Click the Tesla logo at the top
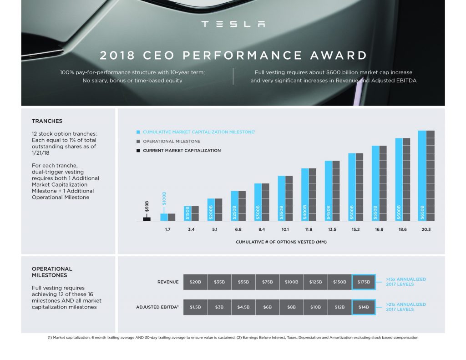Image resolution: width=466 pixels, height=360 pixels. point(233,24)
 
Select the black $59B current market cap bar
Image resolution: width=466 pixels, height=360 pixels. point(147,218)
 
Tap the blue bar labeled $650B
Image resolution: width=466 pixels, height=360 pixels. point(422,176)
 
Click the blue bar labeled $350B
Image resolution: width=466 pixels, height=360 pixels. point(281,198)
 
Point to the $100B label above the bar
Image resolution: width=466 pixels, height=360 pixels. point(165,198)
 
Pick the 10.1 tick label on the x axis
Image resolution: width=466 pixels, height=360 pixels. point(285,230)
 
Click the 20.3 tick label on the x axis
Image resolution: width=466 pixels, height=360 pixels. point(426,230)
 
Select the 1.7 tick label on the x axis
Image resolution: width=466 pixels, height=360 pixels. point(167,230)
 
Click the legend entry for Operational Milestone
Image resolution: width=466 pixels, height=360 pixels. point(171,141)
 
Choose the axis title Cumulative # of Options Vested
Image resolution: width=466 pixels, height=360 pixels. point(281,242)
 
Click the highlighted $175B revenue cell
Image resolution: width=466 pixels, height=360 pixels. point(363,282)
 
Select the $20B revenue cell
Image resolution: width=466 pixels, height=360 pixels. point(195,282)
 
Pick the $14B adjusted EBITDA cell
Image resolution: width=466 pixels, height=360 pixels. point(363,307)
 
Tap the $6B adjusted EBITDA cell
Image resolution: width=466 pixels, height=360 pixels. point(267,307)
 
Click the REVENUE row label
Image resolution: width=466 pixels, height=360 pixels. point(168,282)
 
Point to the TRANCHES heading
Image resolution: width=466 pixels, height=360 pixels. point(47,121)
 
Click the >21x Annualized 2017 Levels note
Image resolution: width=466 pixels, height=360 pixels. point(405,307)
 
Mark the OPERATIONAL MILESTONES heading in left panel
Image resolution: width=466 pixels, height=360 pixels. point(52,272)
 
